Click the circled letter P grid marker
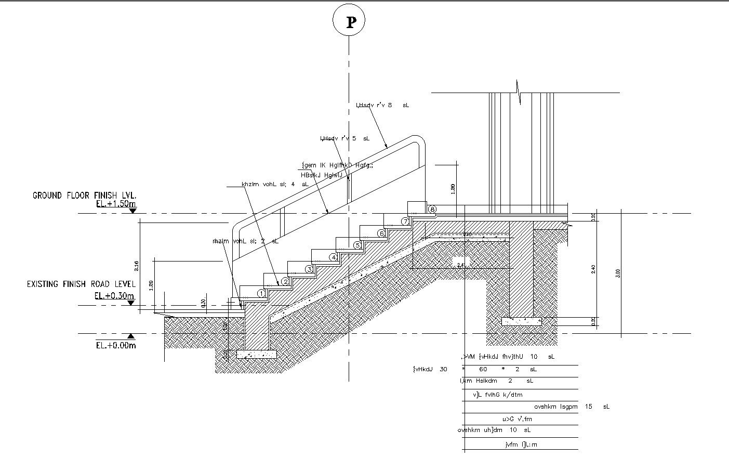tap(349, 22)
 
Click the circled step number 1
tap(261, 294)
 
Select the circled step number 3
tap(309, 269)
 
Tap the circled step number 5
tap(357, 245)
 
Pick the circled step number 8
tap(432, 209)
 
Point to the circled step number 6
tap(381, 233)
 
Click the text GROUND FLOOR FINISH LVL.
tap(84, 195)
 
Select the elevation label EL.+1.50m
tap(116, 204)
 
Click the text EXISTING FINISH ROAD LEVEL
tap(81, 284)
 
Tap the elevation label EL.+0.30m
tap(114, 295)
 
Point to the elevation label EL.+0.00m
tap(116, 345)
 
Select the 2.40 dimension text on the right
tap(594, 269)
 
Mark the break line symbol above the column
tap(518, 92)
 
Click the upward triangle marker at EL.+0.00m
tap(132, 336)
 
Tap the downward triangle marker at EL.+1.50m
tap(132, 210)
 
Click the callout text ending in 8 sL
tap(382, 105)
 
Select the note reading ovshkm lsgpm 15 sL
tap(572, 407)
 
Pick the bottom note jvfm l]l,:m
tap(521, 445)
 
